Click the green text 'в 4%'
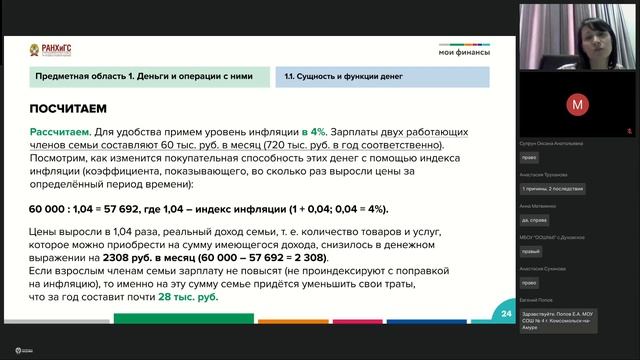(x=314, y=132)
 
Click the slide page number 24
(x=506, y=314)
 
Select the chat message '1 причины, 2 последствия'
(x=553, y=189)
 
